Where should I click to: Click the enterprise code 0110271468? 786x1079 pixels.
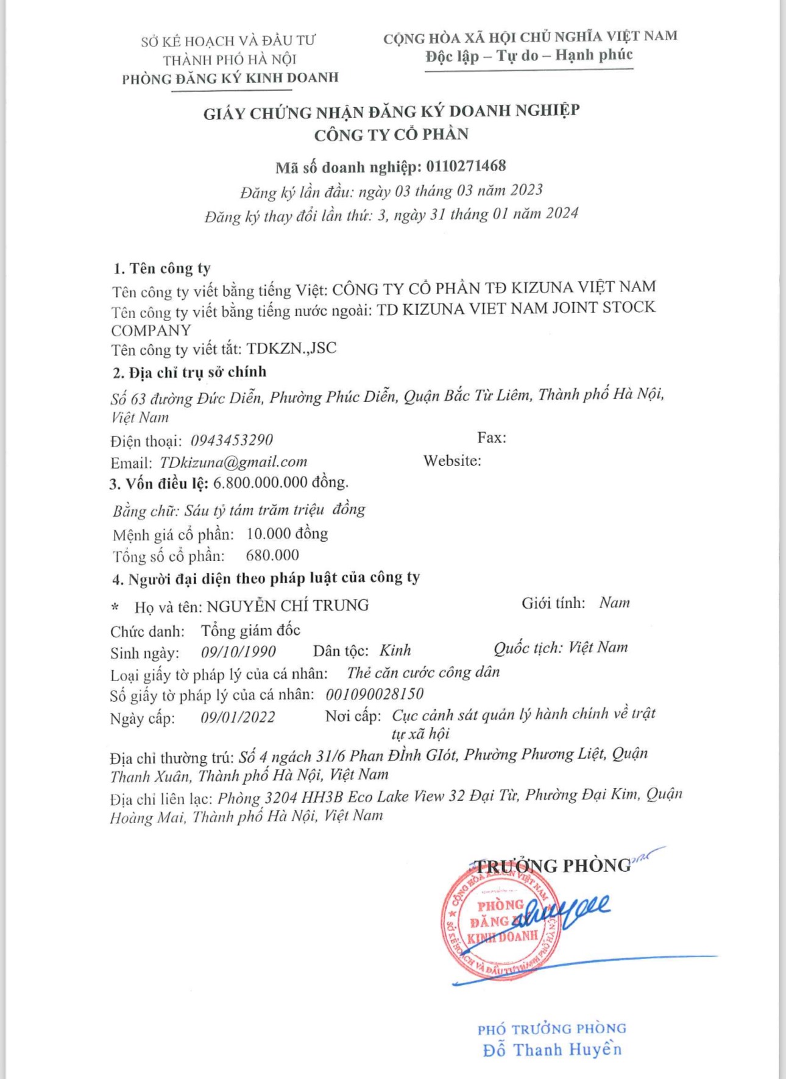pyautogui.click(x=466, y=166)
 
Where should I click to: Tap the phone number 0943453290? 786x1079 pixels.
pyautogui.click(x=232, y=440)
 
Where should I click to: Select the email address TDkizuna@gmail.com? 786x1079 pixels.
pyautogui.click(x=233, y=462)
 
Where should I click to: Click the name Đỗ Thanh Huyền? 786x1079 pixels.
pyautogui.click(x=552, y=1050)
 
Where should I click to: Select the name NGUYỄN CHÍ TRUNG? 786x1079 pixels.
pyautogui.click(x=288, y=606)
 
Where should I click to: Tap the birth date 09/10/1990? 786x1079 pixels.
pyautogui.click(x=238, y=652)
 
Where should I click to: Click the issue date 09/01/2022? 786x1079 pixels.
pyautogui.click(x=238, y=717)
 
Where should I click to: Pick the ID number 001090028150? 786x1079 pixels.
pyautogui.click(x=374, y=695)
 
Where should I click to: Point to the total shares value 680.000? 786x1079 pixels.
pyautogui.click(x=272, y=555)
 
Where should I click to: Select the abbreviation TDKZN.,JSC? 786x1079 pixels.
pyautogui.click(x=291, y=348)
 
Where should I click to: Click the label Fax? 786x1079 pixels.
pyautogui.click(x=492, y=437)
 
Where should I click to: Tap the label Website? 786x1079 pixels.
pyautogui.click(x=452, y=461)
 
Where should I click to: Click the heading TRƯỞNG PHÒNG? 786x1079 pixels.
pyautogui.click(x=553, y=866)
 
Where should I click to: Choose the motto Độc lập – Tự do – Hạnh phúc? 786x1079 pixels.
pyautogui.click(x=529, y=55)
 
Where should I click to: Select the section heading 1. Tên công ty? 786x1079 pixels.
pyautogui.click(x=161, y=269)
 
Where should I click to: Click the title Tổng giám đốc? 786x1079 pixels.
pyautogui.click(x=250, y=630)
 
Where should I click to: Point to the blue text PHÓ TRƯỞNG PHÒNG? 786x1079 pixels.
pyautogui.click(x=552, y=1029)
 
